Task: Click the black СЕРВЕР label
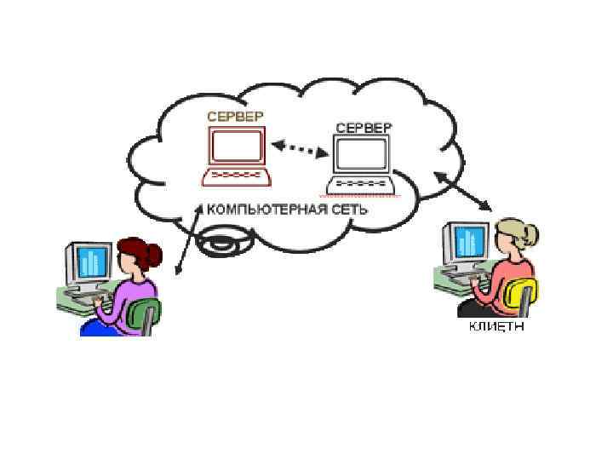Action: (364, 128)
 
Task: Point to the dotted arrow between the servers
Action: (301, 150)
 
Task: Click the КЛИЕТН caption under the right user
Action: (496, 327)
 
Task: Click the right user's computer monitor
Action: (469, 242)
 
